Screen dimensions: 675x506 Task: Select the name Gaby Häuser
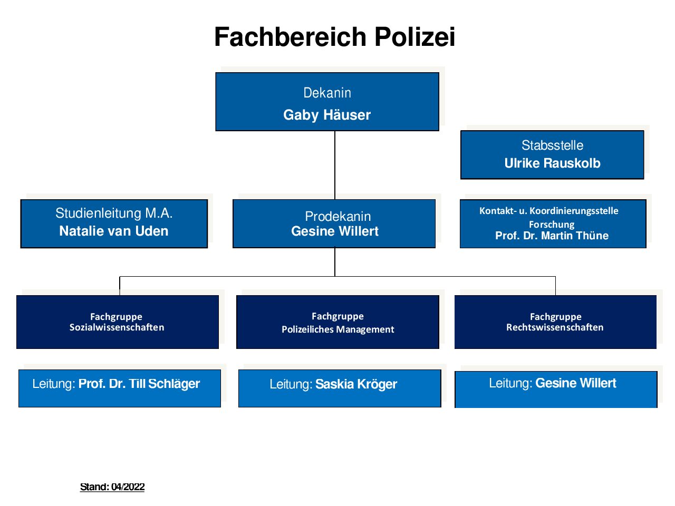327,115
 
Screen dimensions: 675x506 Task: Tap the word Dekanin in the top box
327,93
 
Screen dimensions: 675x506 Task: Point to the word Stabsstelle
552,145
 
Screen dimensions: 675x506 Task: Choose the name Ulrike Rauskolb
552,163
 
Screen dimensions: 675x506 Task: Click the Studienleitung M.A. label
114,213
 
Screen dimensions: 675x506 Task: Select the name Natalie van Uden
114,231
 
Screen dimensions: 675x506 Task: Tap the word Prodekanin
338,217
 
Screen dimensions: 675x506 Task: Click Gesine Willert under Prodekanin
335,231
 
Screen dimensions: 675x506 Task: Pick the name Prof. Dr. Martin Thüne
552,236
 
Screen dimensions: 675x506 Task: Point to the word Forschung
552,225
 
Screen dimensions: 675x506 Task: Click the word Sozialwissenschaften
117,327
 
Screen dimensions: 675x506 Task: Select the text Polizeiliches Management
338,329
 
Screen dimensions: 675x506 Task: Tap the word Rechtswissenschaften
555,327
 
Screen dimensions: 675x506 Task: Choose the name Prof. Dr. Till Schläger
139,384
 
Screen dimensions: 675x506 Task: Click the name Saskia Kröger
356,384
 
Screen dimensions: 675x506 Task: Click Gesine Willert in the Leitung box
576,383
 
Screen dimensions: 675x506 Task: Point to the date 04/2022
128,487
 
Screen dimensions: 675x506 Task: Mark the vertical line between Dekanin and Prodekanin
335,166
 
